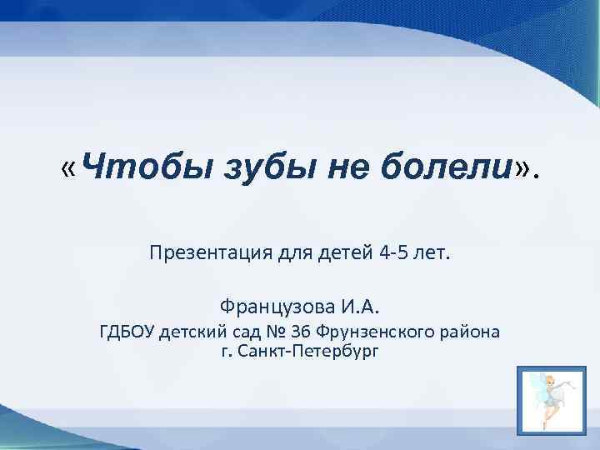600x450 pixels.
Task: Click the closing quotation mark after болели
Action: coord(523,171)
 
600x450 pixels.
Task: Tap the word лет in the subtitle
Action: coord(433,252)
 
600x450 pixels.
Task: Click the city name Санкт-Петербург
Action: coord(306,352)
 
